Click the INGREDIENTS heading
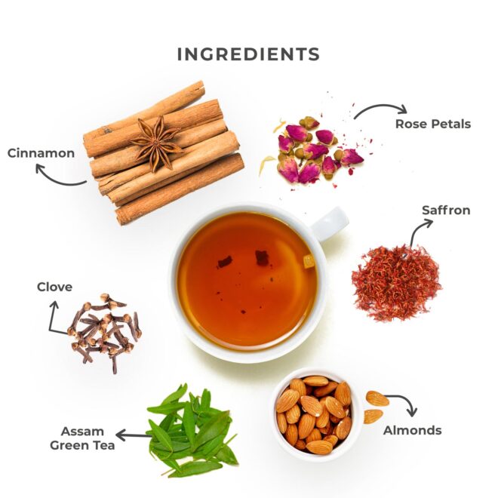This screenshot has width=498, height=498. [248, 54]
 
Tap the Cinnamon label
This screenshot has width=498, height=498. [41, 153]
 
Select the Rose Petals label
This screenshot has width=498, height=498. [433, 124]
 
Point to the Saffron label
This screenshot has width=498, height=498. [446, 211]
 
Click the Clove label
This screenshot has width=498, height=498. [54, 287]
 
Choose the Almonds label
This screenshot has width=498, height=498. [412, 430]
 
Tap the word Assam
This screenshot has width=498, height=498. [78, 432]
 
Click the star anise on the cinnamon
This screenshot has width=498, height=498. [157, 143]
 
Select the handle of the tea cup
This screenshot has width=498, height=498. [329, 223]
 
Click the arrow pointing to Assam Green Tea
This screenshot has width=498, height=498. [134, 435]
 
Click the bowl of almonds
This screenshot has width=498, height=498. [315, 414]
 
